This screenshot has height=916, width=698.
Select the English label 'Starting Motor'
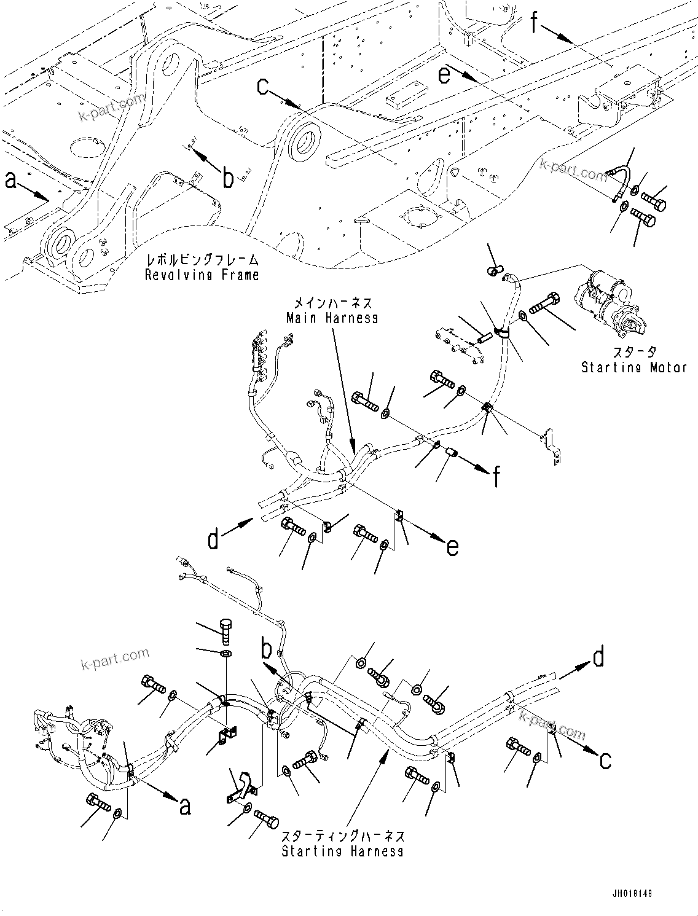click(633, 367)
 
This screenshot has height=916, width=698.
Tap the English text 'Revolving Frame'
click(202, 275)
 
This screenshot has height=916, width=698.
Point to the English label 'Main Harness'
click(332, 318)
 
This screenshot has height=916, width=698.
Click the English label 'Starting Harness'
click(342, 851)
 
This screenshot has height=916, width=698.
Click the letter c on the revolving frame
click(263, 87)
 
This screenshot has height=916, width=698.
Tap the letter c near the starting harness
click(605, 760)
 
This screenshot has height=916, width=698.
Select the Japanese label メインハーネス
click(332, 303)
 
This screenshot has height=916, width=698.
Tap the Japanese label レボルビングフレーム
click(202, 260)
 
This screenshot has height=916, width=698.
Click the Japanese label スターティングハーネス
click(342, 836)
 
